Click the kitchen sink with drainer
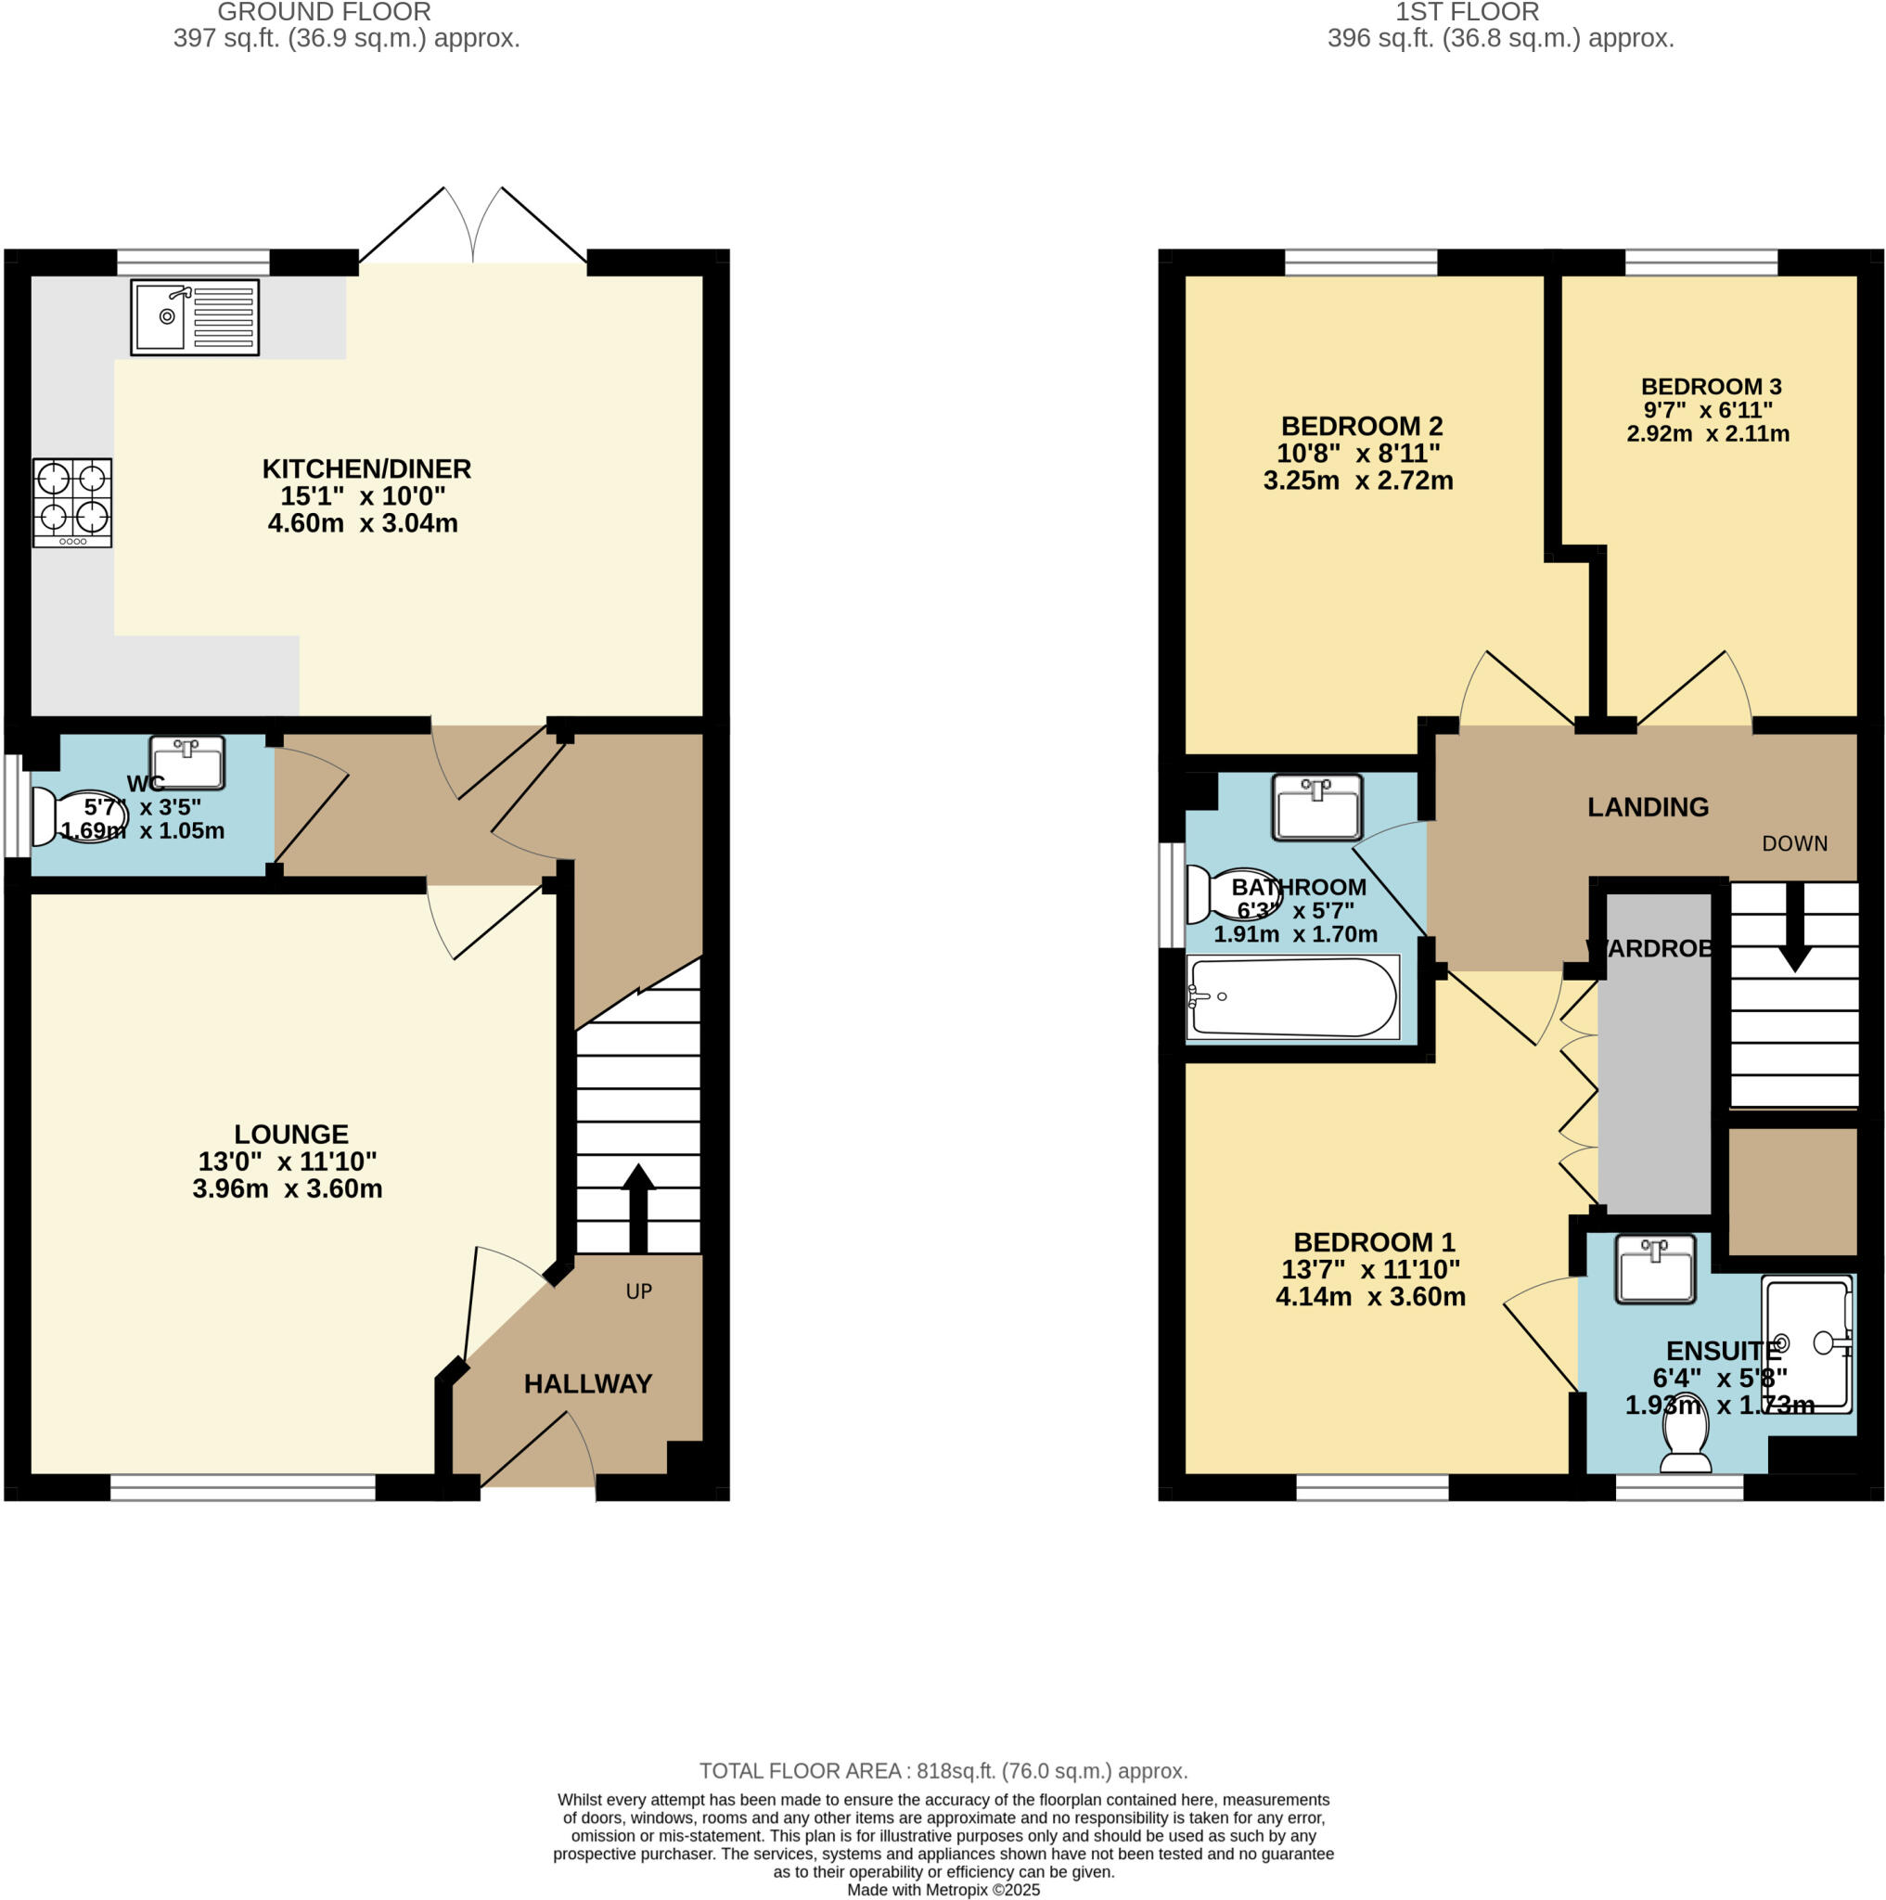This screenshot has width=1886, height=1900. click(x=195, y=316)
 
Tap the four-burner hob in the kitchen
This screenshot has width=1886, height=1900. click(x=71, y=502)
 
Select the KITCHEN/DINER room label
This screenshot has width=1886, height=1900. click(x=366, y=469)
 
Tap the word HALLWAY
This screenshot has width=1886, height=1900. click(x=587, y=1383)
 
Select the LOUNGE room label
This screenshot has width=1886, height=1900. click(x=291, y=1134)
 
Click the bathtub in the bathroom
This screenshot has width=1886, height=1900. click(x=1292, y=996)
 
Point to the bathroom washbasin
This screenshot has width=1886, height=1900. click(x=1315, y=806)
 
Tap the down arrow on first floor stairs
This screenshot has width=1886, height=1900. click(x=1794, y=929)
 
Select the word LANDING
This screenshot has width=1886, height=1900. click(x=1647, y=807)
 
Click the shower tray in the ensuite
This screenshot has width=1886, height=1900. click(x=1806, y=1343)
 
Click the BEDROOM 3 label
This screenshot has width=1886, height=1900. click(x=1710, y=387)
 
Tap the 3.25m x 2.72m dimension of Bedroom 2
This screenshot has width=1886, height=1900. click(x=1357, y=481)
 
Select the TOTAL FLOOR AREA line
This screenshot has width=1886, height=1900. click(x=943, y=1771)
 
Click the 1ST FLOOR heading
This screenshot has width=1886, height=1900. click(x=1466, y=13)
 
